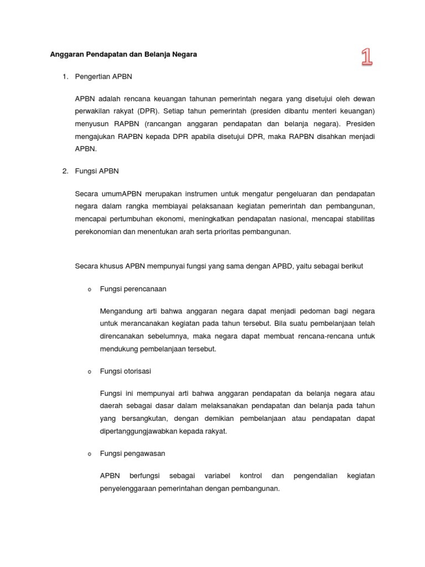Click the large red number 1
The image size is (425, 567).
pos(366,56)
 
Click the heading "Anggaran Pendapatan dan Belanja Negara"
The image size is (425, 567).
pos(123,54)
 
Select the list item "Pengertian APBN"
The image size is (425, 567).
pos(103,76)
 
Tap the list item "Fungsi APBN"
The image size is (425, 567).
pos(97,172)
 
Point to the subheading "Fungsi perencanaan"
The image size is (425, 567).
pos(133,289)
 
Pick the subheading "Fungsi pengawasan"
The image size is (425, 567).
pos(132,453)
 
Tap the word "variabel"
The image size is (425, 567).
pos(217,476)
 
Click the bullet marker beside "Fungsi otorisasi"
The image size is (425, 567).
pos(89,372)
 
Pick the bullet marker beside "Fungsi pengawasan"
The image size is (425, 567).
pos(89,454)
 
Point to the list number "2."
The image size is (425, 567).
pos(65,172)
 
